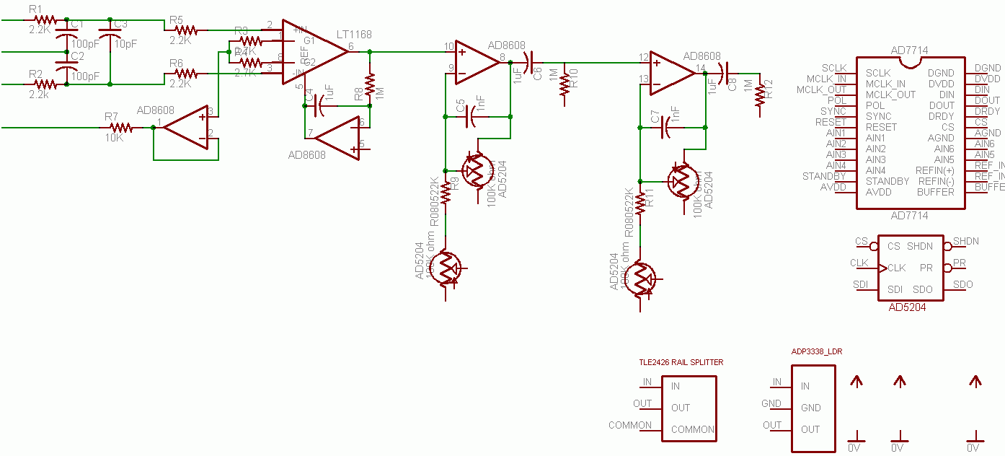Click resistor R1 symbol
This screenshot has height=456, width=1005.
[x=45, y=20]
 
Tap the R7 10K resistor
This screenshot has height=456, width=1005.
[x=120, y=128]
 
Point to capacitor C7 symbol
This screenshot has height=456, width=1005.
[x=667, y=128]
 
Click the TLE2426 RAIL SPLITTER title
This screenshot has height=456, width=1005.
[x=681, y=362]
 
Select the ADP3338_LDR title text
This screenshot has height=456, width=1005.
[x=817, y=352]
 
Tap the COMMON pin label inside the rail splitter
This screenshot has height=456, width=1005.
[x=692, y=429]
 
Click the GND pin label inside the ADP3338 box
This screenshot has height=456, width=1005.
[x=810, y=408]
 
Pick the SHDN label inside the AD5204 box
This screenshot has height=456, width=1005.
[x=919, y=246]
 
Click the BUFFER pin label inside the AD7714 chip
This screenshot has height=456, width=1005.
[x=935, y=192]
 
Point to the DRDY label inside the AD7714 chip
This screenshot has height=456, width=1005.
[x=940, y=116]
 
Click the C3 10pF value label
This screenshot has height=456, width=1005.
[x=125, y=43]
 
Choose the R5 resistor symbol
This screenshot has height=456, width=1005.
[x=186, y=30]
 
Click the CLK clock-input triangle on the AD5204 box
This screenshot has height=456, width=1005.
[x=882, y=268]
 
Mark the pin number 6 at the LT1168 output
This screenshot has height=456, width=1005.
[x=351, y=46]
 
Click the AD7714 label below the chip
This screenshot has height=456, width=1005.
[x=909, y=216]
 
